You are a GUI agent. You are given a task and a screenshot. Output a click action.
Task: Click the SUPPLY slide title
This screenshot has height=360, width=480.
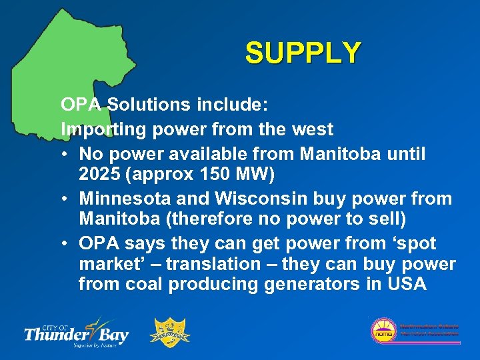[303, 53]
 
